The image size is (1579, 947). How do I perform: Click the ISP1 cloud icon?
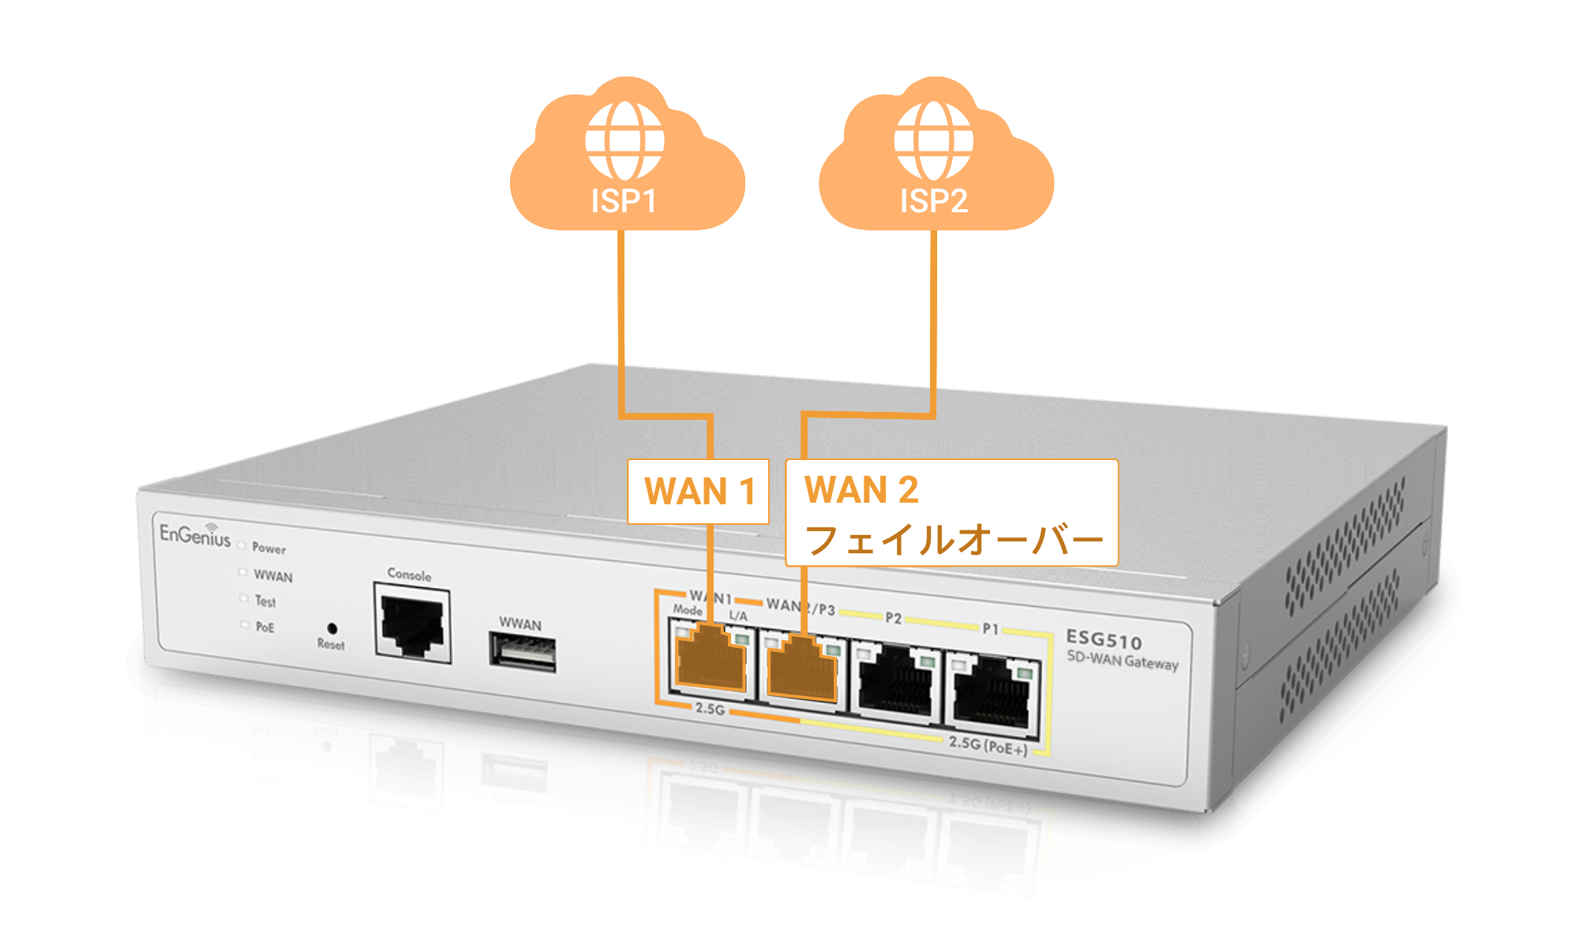point(626,158)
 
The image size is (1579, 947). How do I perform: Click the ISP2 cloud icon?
point(935,158)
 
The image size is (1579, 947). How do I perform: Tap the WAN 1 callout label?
point(699,491)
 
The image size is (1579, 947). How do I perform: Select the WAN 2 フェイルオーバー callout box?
point(951,513)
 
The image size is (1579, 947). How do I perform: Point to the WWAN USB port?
point(523,653)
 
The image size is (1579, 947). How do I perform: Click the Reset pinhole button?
point(332,629)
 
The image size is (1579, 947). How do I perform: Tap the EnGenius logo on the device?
point(195,535)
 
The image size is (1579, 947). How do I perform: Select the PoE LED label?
point(265,627)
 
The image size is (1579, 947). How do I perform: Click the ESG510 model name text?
point(1104,639)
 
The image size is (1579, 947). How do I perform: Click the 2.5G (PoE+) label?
point(988,745)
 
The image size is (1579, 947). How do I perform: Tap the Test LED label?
point(265,601)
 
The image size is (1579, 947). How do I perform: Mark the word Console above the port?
point(409,575)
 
